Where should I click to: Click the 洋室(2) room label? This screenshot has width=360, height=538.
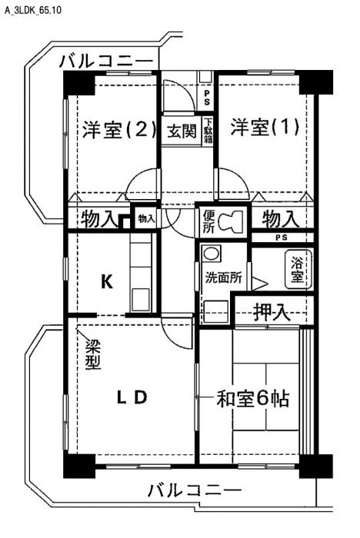pos(119,130)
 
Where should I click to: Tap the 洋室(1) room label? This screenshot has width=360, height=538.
pos(265,128)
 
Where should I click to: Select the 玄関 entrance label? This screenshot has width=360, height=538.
pos(182,131)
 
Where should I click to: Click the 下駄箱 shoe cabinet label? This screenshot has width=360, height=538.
pos(208,131)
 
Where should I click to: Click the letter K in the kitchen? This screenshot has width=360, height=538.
pos(107,282)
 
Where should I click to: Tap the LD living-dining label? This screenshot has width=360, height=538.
pos(132,397)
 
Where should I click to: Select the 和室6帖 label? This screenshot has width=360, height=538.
pos(252,398)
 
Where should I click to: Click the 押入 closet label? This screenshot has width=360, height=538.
pos(271,312)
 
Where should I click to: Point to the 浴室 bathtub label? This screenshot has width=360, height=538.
pos(297,270)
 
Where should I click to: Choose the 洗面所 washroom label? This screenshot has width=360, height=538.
pos(223,277)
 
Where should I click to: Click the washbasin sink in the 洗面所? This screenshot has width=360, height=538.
pos(211,254)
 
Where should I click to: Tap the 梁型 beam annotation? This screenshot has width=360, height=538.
pos(93,354)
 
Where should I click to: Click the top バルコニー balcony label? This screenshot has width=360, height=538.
pos(106,61)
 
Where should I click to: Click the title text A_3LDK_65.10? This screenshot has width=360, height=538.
pos(33,10)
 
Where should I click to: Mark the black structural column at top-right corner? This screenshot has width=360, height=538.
pos(316,82)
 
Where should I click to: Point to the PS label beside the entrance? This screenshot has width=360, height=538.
pos(207,98)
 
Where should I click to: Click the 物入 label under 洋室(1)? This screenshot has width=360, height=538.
pos(280,219)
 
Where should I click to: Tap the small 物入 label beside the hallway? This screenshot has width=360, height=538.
pos(146,218)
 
